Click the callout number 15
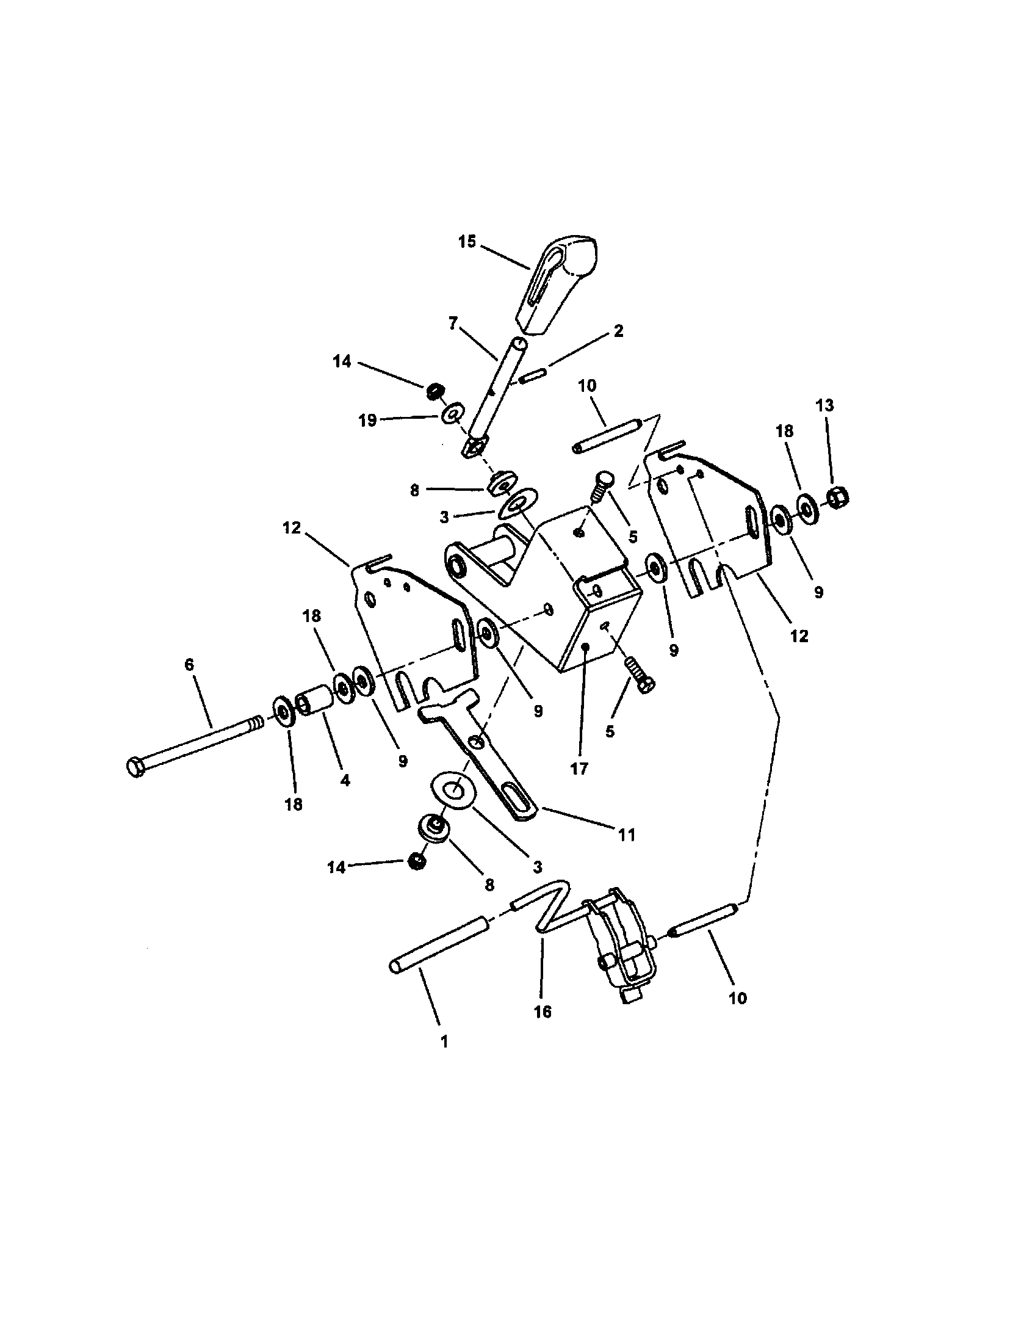[467, 242]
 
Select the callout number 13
[824, 405]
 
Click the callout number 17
[579, 768]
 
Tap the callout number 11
[626, 834]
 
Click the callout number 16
[543, 1012]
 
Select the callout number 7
[453, 324]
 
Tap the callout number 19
[367, 422]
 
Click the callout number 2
[618, 331]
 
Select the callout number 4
[345, 780]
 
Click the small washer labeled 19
[452, 411]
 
